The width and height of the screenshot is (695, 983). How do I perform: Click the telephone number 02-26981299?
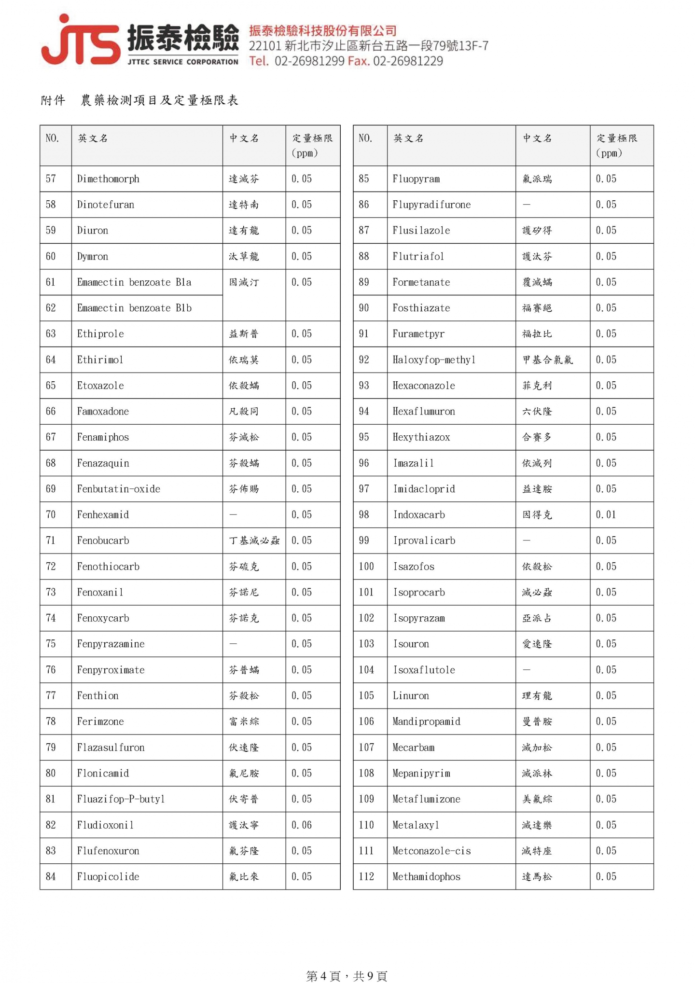(x=309, y=61)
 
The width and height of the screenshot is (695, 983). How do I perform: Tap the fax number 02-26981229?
(x=408, y=61)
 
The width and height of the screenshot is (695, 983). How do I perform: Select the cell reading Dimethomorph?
(x=108, y=179)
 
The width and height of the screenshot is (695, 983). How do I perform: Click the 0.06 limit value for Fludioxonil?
(x=302, y=825)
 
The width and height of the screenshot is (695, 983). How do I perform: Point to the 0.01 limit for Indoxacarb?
(x=606, y=515)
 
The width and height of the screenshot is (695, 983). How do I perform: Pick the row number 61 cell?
(x=51, y=282)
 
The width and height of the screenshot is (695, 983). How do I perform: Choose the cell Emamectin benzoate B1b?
(x=134, y=308)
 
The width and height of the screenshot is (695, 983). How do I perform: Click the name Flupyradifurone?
(x=431, y=205)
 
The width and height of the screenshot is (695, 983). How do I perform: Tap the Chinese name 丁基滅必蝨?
(x=254, y=540)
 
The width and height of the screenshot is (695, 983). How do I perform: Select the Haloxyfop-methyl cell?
(x=434, y=360)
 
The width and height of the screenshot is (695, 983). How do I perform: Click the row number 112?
(x=366, y=877)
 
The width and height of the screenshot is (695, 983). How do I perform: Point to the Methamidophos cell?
(x=426, y=877)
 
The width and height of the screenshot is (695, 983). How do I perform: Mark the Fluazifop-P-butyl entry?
(x=121, y=799)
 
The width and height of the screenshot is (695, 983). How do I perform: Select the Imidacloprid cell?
(x=424, y=489)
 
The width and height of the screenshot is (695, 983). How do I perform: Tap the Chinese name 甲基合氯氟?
(x=548, y=360)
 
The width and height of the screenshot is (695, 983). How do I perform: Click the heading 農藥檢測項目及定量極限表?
(x=159, y=100)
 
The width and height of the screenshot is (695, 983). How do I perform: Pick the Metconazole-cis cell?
(x=431, y=851)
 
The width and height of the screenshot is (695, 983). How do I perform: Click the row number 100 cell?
(x=366, y=567)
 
